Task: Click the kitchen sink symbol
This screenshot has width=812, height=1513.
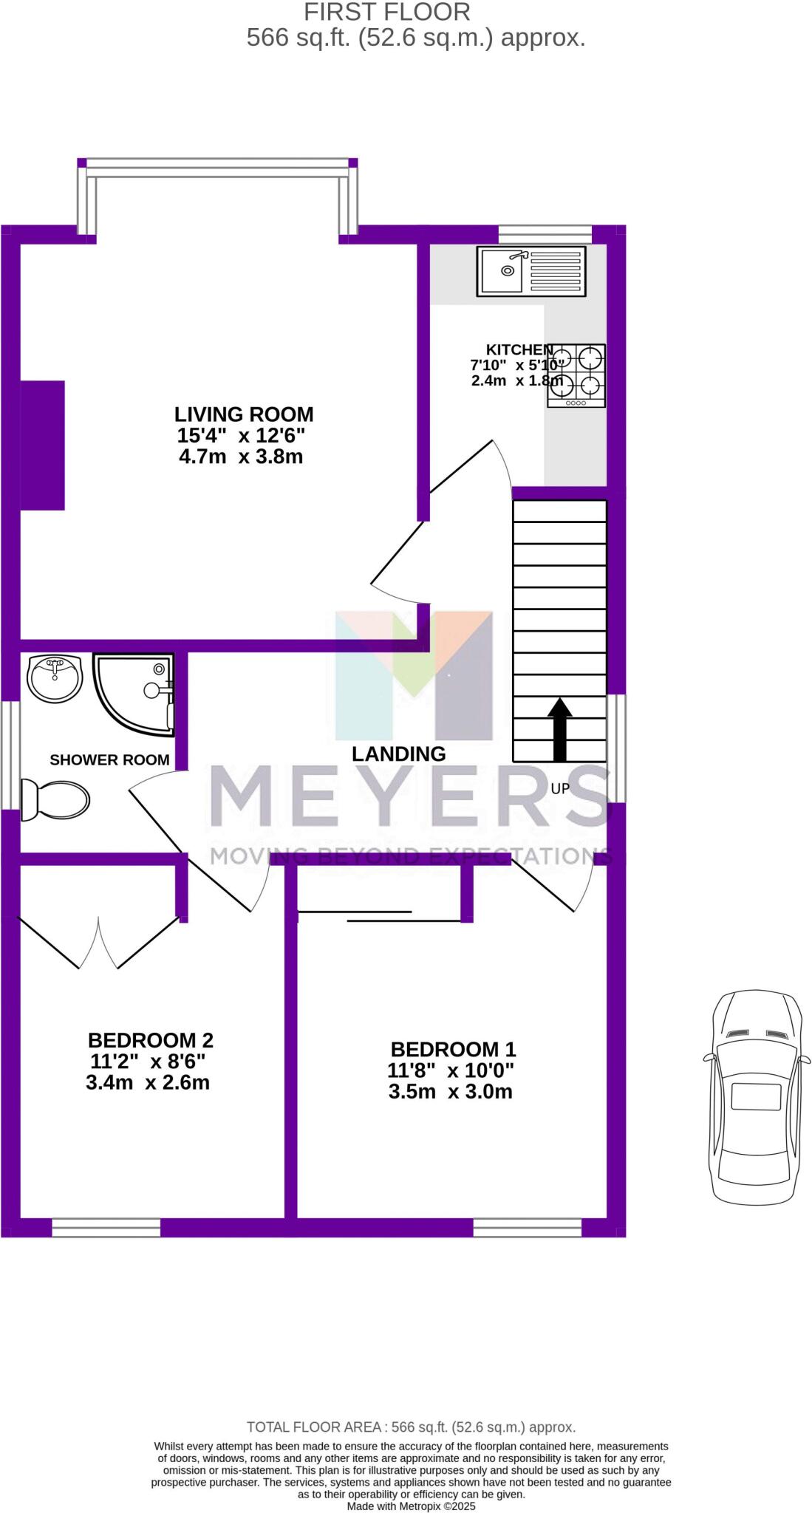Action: pos(531,270)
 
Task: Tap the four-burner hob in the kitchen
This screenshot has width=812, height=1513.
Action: pos(576,375)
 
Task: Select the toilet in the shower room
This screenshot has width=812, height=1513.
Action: pos(55,799)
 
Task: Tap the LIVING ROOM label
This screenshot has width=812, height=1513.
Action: pos(244,414)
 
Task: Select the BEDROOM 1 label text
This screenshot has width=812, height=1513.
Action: pos(453,1049)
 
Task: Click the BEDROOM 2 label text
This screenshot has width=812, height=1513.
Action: pos(150,1040)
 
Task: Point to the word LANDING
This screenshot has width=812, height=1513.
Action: pos(398,754)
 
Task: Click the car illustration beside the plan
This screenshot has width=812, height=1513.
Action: pos(755,1096)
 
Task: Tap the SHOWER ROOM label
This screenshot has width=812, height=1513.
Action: pos(109,759)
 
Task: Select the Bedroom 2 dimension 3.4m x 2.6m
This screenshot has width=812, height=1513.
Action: pos(148,1083)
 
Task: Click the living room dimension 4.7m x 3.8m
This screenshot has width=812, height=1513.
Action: pos(241,457)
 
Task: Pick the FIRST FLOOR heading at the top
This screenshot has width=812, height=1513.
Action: pos(386,12)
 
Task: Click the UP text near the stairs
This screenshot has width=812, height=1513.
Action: pos(560,788)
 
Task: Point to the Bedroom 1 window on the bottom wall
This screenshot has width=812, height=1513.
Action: pos(527,1228)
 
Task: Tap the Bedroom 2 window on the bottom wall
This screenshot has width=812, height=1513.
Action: pos(106,1228)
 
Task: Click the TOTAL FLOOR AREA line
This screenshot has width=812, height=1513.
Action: pos(411,1427)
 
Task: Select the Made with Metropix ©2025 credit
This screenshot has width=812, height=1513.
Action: pos(411,1506)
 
